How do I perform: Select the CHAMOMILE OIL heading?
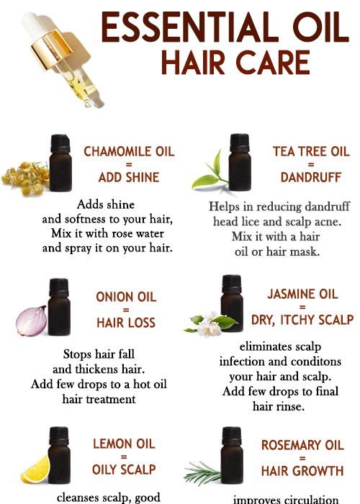click(x=129, y=151)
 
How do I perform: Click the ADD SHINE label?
click(x=129, y=176)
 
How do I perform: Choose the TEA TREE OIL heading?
click(x=310, y=151)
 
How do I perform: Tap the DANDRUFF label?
click(x=310, y=176)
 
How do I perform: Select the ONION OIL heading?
click(x=126, y=297)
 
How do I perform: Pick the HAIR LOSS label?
click(x=126, y=323)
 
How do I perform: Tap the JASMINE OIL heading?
click(x=302, y=294)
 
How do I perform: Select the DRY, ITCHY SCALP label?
click(x=302, y=319)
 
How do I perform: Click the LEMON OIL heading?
click(x=124, y=444)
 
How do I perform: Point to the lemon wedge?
click(x=35, y=470)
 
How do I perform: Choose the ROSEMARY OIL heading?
click(x=302, y=446)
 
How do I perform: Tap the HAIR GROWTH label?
click(x=302, y=471)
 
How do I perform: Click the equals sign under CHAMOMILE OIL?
click(x=129, y=164)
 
